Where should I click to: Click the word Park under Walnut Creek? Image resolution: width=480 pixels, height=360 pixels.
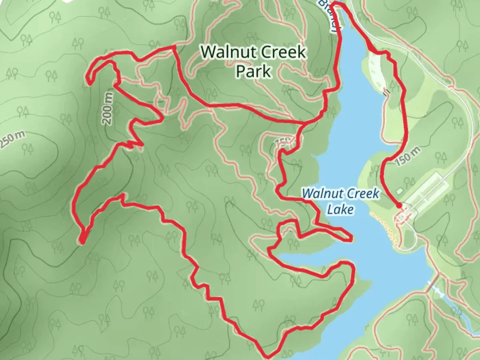tap(253, 71)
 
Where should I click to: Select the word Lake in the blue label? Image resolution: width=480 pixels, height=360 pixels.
tap(340, 209)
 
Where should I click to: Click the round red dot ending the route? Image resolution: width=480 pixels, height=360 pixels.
tap(399, 206)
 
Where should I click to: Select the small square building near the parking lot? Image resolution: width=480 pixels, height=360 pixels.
tap(400, 191)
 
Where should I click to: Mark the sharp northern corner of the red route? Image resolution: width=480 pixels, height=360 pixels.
tap(174, 47)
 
